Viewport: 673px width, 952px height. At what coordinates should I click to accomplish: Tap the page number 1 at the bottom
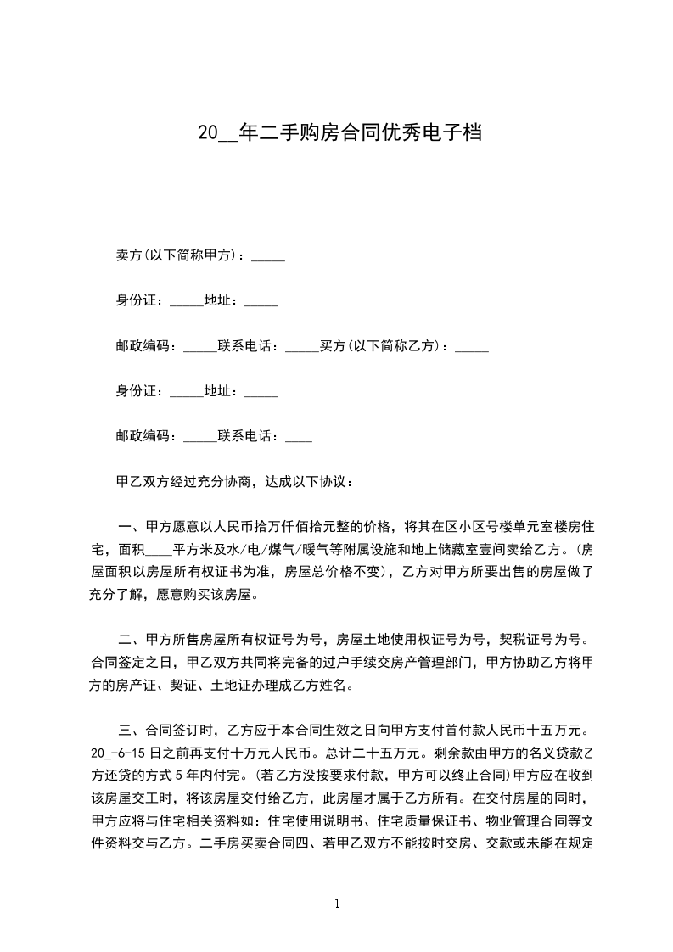[x=337, y=904]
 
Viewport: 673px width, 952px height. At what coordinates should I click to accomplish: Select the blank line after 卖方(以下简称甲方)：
[x=268, y=255]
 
